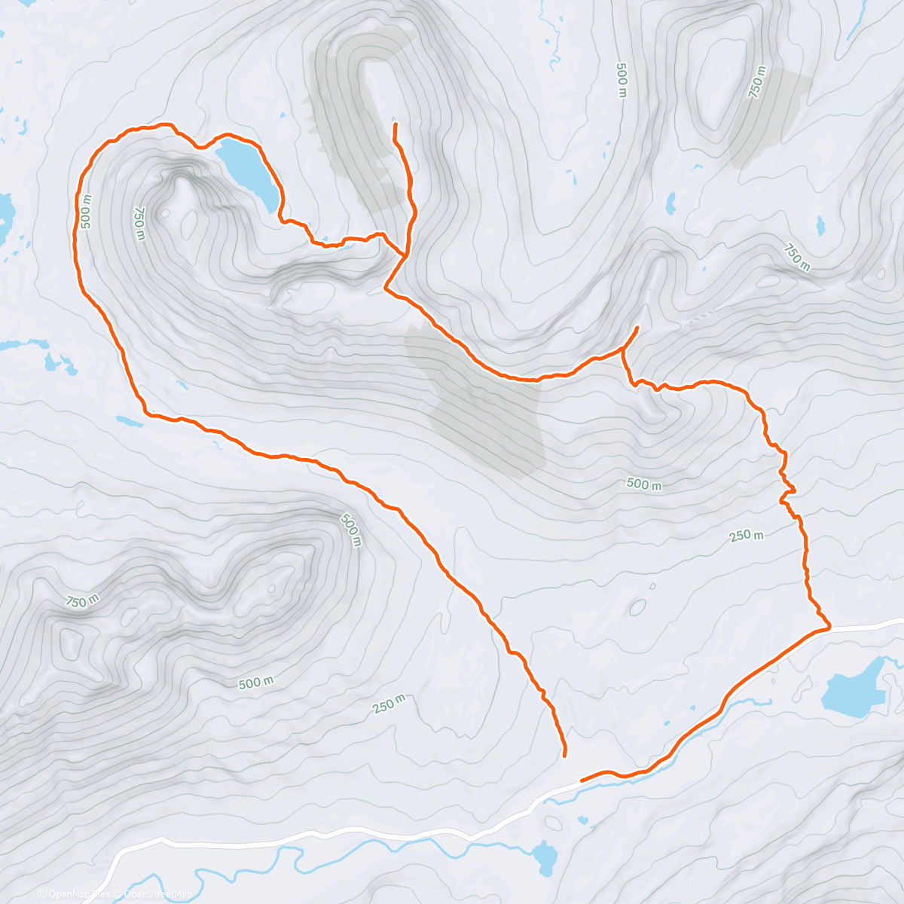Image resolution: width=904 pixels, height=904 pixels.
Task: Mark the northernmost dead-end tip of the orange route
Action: (x=395, y=124)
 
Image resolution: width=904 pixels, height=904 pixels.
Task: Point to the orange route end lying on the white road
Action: (x=582, y=780)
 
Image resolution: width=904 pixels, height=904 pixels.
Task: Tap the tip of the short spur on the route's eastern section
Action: (x=637, y=328)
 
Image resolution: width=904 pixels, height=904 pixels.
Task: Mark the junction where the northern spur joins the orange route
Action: (x=405, y=257)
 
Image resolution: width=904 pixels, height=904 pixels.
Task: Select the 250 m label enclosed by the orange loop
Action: (x=747, y=536)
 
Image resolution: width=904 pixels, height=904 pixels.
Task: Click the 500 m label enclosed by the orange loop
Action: (x=644, y=484)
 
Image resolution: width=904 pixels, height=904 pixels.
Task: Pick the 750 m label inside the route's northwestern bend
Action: (x=139, y=224)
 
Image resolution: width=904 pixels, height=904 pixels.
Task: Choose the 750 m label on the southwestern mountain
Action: (x=82, y=601)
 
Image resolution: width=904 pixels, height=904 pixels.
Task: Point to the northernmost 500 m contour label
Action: (x=621, y=80)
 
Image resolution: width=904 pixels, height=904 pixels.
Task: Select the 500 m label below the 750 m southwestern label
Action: (x=255, y=683)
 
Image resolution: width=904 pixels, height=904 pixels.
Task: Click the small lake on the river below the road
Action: (x=543, y=855)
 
